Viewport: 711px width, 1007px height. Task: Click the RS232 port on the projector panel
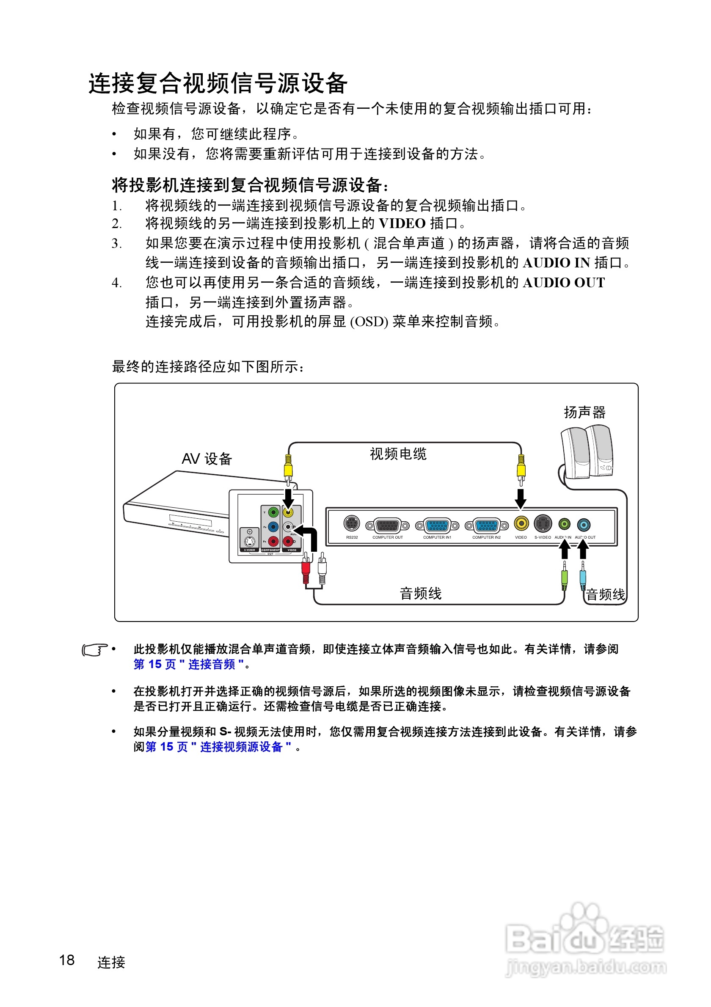[x=351, y=523]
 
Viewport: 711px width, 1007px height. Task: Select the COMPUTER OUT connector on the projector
[x=387, y=525]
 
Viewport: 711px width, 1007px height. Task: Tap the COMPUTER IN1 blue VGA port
[x=437, y=525]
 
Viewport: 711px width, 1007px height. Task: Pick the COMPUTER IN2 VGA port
[x=486, y=525]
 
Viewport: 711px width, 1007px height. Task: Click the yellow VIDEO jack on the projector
[x=521, y=523]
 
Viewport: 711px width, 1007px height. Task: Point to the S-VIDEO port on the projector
[x=543, y=523]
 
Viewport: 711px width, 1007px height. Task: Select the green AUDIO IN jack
[x=564, y=524]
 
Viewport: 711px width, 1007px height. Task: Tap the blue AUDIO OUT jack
[x=583, y=524]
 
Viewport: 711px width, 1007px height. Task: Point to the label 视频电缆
[x=398, y=454]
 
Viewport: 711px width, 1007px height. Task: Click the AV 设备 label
[x=207, y=459]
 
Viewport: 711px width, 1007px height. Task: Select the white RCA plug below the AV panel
[x=322, y=570]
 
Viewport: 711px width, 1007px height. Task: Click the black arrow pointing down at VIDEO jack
[x=521, y=498]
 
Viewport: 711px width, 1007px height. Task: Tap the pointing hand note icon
[x=94, y=649]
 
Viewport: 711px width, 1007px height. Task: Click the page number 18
[x=67, y=960]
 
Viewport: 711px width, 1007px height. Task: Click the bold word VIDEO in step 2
[x=402, y=224]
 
